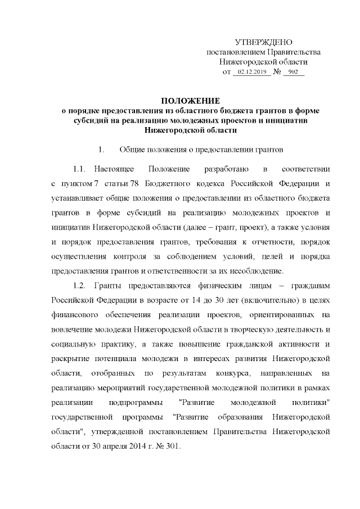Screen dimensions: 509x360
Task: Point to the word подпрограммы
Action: [141, 403]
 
